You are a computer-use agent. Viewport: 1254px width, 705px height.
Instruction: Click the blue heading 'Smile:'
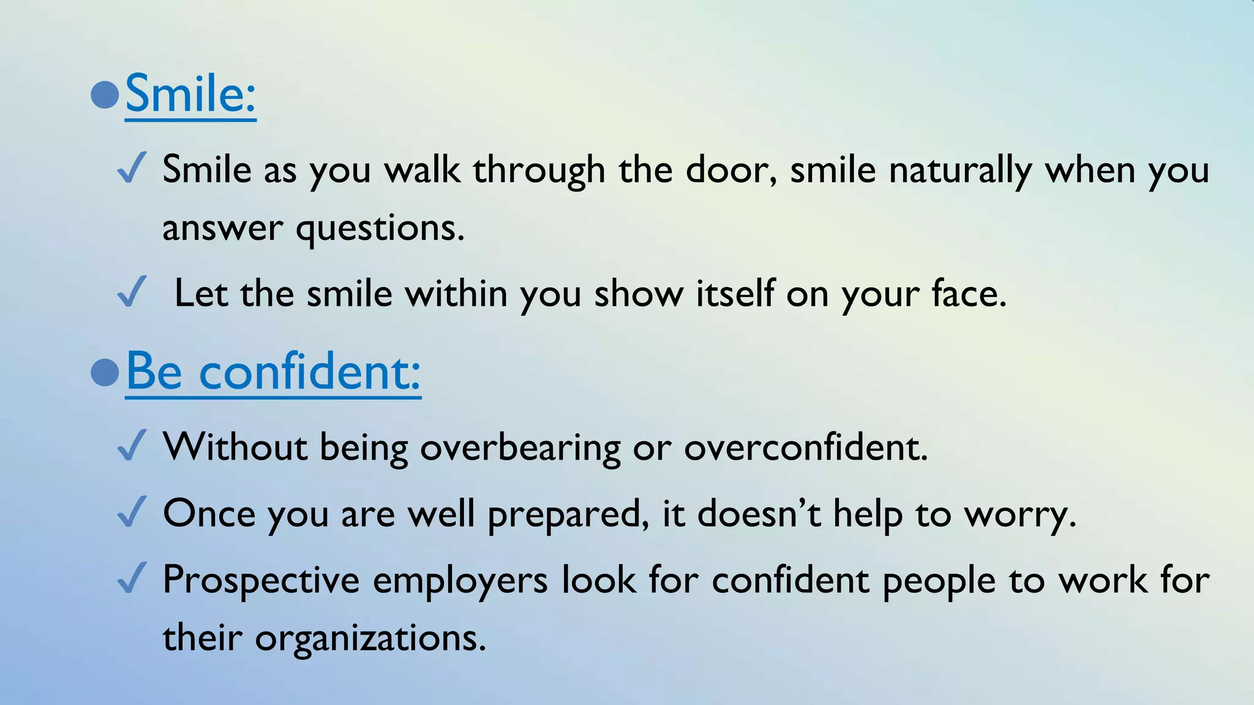tap(190, 94)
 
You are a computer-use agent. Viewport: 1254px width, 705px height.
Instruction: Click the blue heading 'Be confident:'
tap(273, 371)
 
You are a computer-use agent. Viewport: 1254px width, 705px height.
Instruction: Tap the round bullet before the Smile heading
tap(104, 95)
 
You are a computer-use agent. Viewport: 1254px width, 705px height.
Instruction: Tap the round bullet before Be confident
tap(104, 372)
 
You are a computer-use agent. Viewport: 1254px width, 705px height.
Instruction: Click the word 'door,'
tap(731, 170)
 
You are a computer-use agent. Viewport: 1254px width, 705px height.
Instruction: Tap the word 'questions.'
tap(380, 229)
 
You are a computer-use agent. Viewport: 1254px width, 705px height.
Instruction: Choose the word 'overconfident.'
tap(806, 447)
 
